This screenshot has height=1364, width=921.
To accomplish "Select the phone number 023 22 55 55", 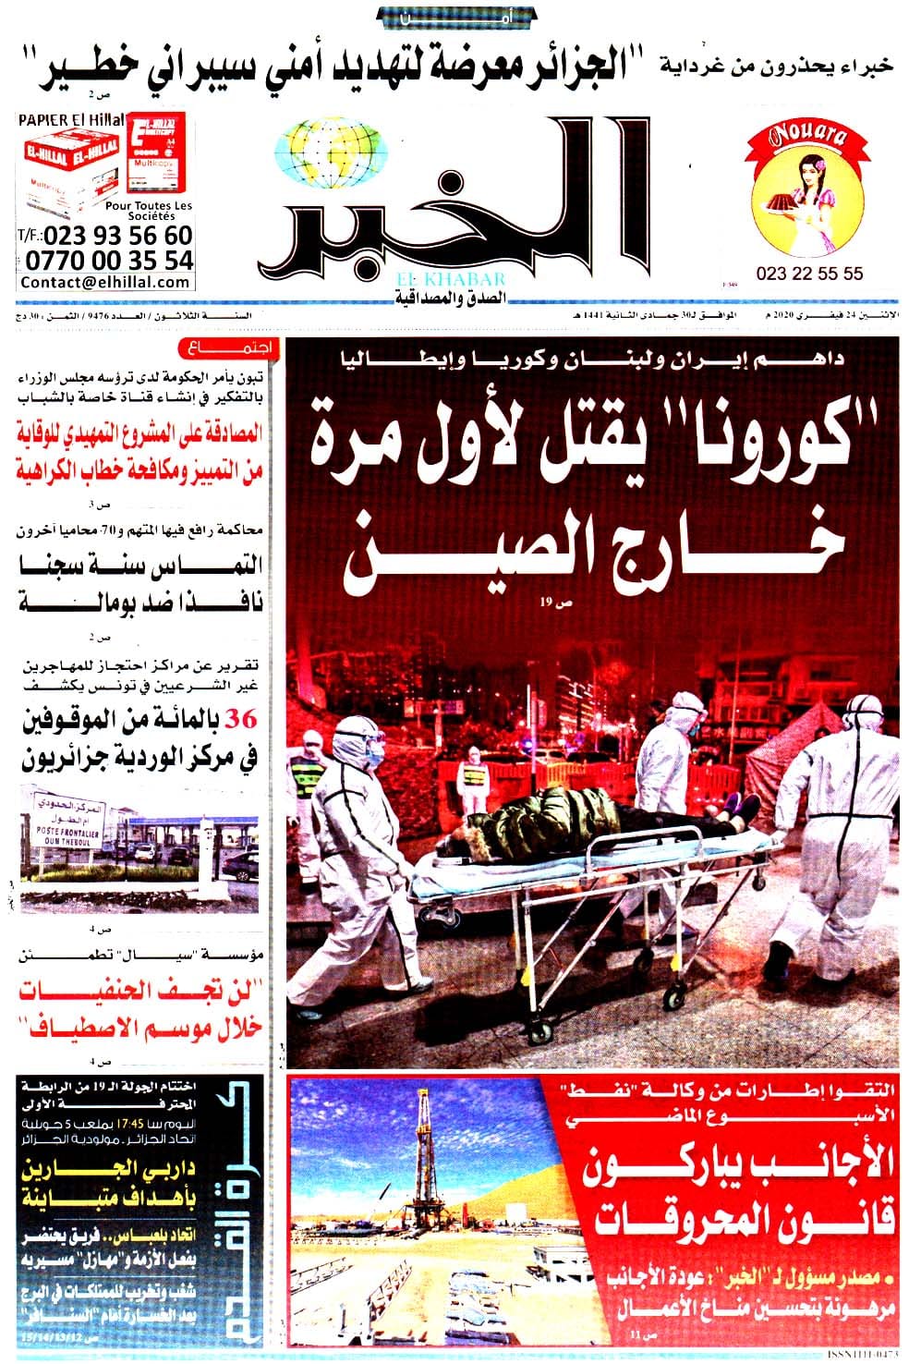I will [808, 274].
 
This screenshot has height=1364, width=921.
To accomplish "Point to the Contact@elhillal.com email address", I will [105, 283].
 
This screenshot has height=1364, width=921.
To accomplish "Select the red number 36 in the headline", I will [248, 722].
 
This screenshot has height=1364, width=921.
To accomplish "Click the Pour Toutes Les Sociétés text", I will [151, 210].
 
